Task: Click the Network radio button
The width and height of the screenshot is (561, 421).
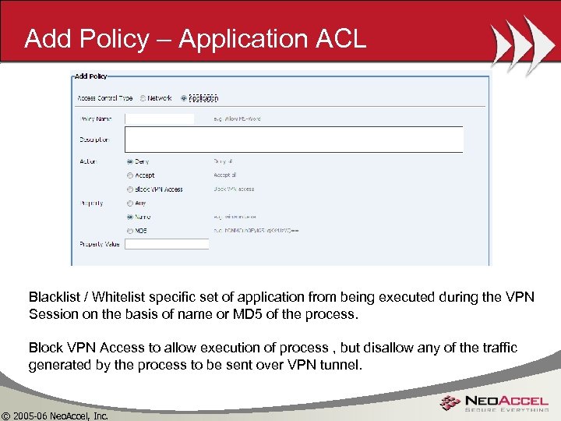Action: (143, 98)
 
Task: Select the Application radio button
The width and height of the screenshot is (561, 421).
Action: (184, 98)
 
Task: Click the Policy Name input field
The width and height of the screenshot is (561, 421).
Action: (160, 119)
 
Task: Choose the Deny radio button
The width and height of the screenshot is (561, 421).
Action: (129, 161)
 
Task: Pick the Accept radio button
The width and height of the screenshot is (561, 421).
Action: (129, 175)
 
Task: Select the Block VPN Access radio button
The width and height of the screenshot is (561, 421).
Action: (129, 189)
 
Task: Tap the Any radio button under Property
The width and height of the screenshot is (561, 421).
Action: (129, 203)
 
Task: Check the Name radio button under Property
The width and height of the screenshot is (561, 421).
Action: (129, 217)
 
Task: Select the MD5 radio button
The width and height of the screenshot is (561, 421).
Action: (129, 231)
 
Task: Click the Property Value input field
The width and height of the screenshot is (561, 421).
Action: (167, 244)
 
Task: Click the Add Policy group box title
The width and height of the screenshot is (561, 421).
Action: (90, 76)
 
